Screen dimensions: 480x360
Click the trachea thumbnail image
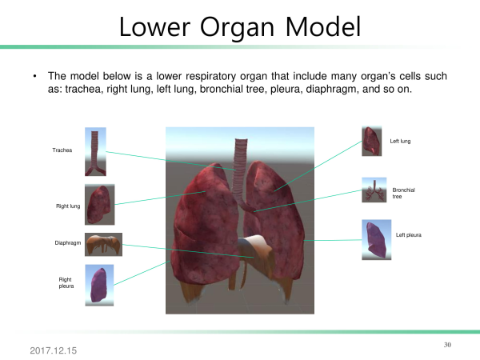pyautogui.click(x=95, y=152)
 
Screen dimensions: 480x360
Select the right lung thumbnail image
pyautogui.click(x=100, y=205)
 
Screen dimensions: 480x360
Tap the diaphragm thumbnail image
pyautogui.click(x=103, y=245)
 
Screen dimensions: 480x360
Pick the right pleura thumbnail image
pyautogui.click(x=99, y=286)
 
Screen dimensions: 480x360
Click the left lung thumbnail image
pyautogui.click(x=372, y=141)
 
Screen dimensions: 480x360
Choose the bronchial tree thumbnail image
pyautogui.click(x=374, y=190)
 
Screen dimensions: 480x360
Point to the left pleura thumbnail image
pyautogui.click(x=377, y=240)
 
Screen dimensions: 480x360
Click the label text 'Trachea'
pyautogui.click(x=62, y=150)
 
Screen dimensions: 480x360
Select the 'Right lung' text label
pyautogui.click(x=68, y=206)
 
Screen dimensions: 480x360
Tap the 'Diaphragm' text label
pyautogui.click(x=68, y=242)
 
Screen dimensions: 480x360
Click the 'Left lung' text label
pyautogui.click(x=400, y=141)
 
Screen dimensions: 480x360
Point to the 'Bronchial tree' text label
pyautogui.click(x=403, y=193)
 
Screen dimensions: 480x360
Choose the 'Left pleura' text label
pyautogui.click(x=408, y=234)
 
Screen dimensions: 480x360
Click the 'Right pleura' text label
pyautogui.click(x=66, y=283)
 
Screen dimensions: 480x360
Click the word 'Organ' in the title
pyautogui.click(x=237, y=27)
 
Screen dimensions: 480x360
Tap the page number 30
pyautogui.click(x=447, y=345)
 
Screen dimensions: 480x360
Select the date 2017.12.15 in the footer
pyautogui.click(x=54, y=350)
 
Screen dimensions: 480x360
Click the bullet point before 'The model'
pyautogui.click(x=35, y=76)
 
